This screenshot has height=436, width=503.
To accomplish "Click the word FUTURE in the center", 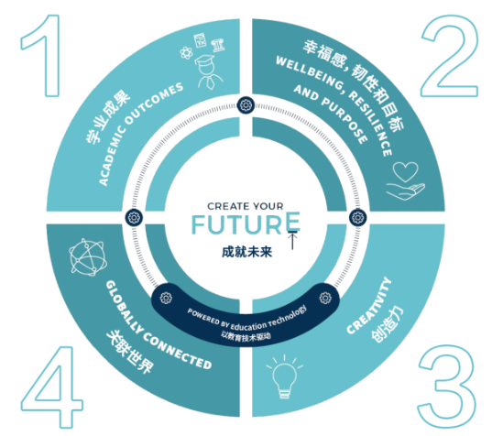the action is (246, 223).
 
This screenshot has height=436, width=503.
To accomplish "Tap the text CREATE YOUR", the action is (246, 206).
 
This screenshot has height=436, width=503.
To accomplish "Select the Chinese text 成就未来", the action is (246, 252).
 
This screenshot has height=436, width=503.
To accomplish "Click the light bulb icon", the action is (284, 377).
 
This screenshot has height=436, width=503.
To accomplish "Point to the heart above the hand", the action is (406, 171).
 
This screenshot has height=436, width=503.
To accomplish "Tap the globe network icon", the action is (88, 257).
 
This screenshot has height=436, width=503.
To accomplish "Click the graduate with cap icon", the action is (208, 72).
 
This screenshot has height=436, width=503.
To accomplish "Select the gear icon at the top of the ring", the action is (246, 104).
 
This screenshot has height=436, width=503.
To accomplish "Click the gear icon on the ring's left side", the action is (134, 218).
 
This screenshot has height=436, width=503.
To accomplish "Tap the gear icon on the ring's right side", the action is (357, 218).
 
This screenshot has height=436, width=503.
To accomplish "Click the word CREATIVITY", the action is (369, 306).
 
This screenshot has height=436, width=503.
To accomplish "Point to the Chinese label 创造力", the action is (388, 324).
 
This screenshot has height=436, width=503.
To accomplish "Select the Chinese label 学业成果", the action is (107, 117).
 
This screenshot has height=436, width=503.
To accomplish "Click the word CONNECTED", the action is (178, 352).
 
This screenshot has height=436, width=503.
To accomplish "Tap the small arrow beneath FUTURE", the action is (292, 240).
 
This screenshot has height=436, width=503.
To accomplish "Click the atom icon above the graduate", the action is (186, 52).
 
